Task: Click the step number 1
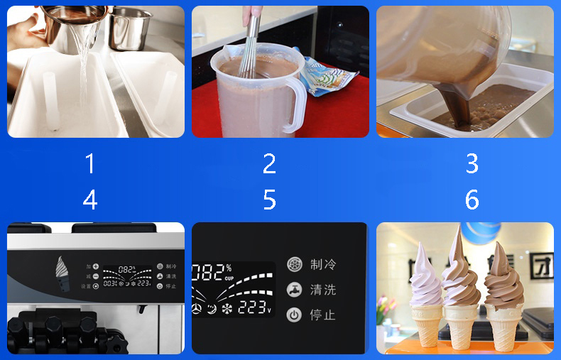pyautogui.click(x=90, y=164)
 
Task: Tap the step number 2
pyautogui.click(x=269, y=164)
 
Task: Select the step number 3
pyautogui.click(x=472, y=164)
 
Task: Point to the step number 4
pyautogui.click(x=90, y=200)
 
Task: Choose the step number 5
pyautogui.click(x=269, y=200)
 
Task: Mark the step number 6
pyautogui.click(x=472, y=200)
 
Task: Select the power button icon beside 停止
pyautogui.click(x=294, y=315)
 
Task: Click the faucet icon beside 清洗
pyautogui.click(x=294, y=290)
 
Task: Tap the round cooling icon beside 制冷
pyautogui.click(x=294, y=264)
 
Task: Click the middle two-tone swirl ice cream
pyautogui.click(x=462, y=284)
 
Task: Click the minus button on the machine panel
pyautogui.click(x=96, y=276)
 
